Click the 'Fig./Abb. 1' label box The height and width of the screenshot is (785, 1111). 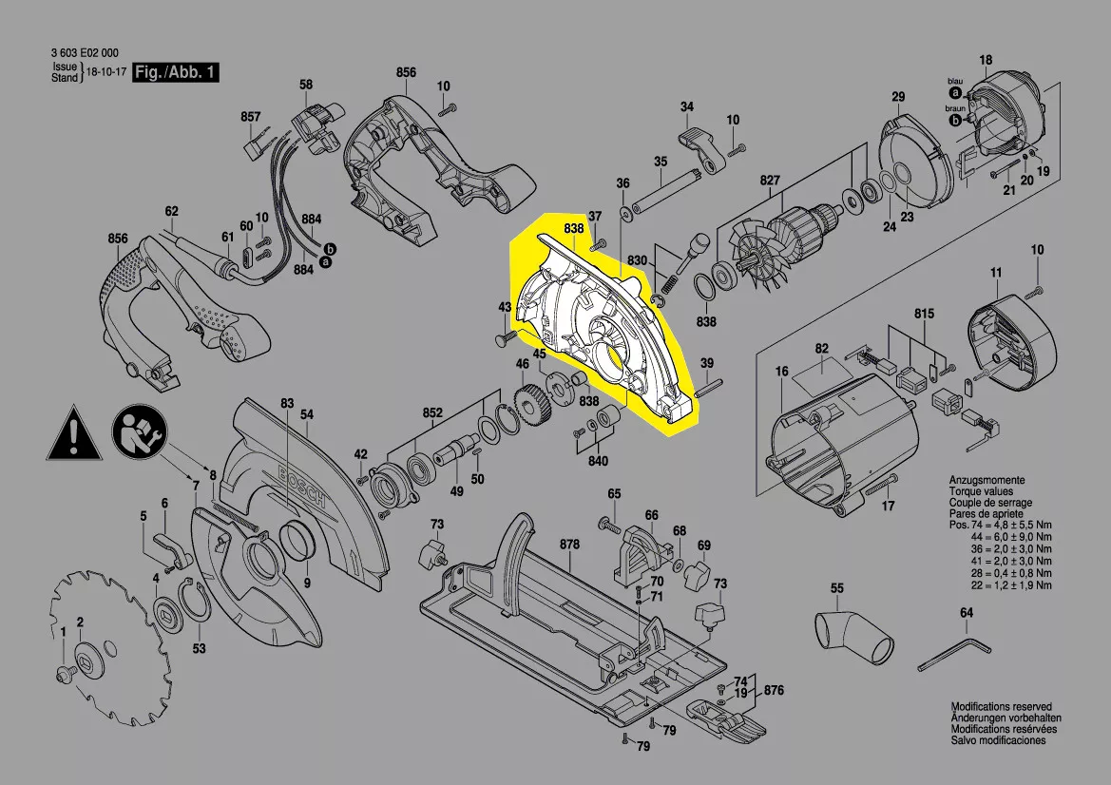[175, 73]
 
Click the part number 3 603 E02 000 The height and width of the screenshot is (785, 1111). [86, 54]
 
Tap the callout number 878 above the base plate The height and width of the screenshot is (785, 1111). [569, 545]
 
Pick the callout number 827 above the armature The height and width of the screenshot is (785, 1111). [769, 181]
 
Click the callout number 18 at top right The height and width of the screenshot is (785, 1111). [986, 61]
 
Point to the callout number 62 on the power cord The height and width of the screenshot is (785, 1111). [171, 211]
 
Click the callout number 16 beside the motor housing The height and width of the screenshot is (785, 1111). [781, 371]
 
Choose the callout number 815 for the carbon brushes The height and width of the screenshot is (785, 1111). [924, 314]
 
